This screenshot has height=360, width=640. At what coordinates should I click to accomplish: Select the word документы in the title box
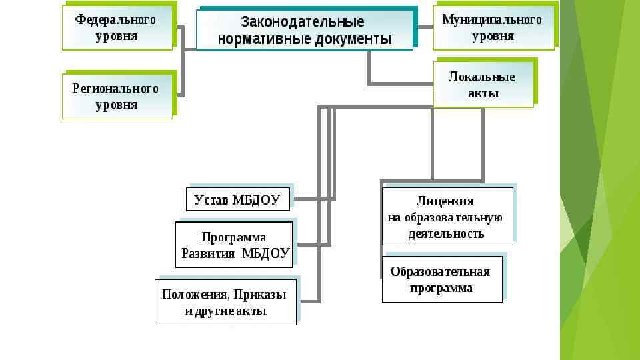pyautogui.click(x=358, y=39)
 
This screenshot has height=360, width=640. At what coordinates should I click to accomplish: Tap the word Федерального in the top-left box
pyautogui.click(x=115, y=19)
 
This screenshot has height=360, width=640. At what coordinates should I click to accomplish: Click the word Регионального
pyautogui.click(x=115, y=88)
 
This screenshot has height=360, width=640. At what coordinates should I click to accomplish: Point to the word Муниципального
pyautogui.click(x=492, y=19)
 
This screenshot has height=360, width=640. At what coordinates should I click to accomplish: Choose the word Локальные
pyautogui.click(x=482, y=77)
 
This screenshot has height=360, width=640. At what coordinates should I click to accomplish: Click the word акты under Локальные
pyautogui.click(x=483, y=93)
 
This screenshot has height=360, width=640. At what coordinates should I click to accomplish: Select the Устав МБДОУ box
pyautogui.click(x=237, y=199)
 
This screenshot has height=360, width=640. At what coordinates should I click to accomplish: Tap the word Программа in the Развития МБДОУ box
pyautogui.click(x=234, y=237)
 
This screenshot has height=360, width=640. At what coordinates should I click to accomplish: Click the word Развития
pyautogui.click(x=209, y=253)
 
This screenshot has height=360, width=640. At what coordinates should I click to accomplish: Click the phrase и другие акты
pyautogui.click(x=225, y=311)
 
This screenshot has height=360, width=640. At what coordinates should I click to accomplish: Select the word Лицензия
pyautogui.click(x=445, y=201)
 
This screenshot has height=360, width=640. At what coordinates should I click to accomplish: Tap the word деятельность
pyautogui.click(x=446, y=234)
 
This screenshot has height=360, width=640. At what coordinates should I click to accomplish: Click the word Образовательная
pyautogui.click(x=440, y=271)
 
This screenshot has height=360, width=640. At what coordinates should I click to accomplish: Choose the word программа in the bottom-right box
pyautogui.click(x=441, y=288)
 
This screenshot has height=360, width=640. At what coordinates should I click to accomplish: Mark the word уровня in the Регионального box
pyautogui.click(x=117, y=105)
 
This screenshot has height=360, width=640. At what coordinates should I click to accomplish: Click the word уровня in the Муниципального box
pyautogui.click(x=493, y=36)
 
